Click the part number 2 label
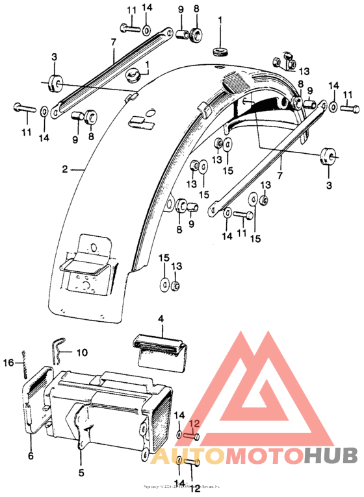pyautogui.click(x=65, y=169)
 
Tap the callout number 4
pyautogui.click(x=161, y=319)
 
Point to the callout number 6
pyautogui.click(x=30, y=456)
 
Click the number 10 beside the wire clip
pyautogui.click(x=81, y=354)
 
